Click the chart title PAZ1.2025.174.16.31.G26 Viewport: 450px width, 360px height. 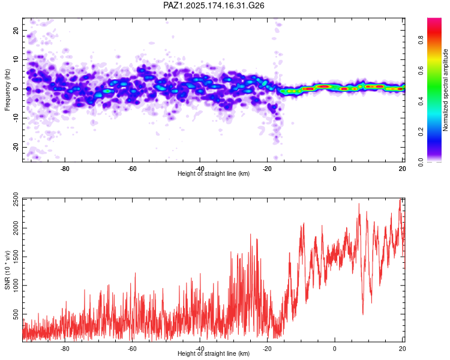point(214,5)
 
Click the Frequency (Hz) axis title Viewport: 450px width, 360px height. point(7,89)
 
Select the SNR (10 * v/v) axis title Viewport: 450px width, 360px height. point(7,270)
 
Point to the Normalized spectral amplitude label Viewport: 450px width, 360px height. point(445,90)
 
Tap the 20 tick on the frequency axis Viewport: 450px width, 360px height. point(16,31)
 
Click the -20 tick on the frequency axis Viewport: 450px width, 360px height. point(16,147)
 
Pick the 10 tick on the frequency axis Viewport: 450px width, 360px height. point(16,59)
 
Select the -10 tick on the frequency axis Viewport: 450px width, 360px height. point(16,118)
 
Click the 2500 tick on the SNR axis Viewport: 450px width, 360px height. point(16,199)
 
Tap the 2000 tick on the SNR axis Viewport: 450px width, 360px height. point(16,228)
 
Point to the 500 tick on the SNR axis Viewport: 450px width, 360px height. point(16,314)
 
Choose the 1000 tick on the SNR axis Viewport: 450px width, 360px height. point(16,286)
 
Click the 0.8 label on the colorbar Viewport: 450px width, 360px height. point(421,40)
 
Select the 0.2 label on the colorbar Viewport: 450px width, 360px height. point(421,131)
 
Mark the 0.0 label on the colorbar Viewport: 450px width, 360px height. point(421,162)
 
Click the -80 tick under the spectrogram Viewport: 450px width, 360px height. point(65,169)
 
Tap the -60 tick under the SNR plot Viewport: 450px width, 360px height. point(133,349)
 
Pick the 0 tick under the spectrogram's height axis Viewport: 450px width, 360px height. point(335,169)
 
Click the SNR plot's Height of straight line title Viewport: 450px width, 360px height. point(214,353)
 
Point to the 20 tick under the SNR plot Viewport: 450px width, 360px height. point(402,349)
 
